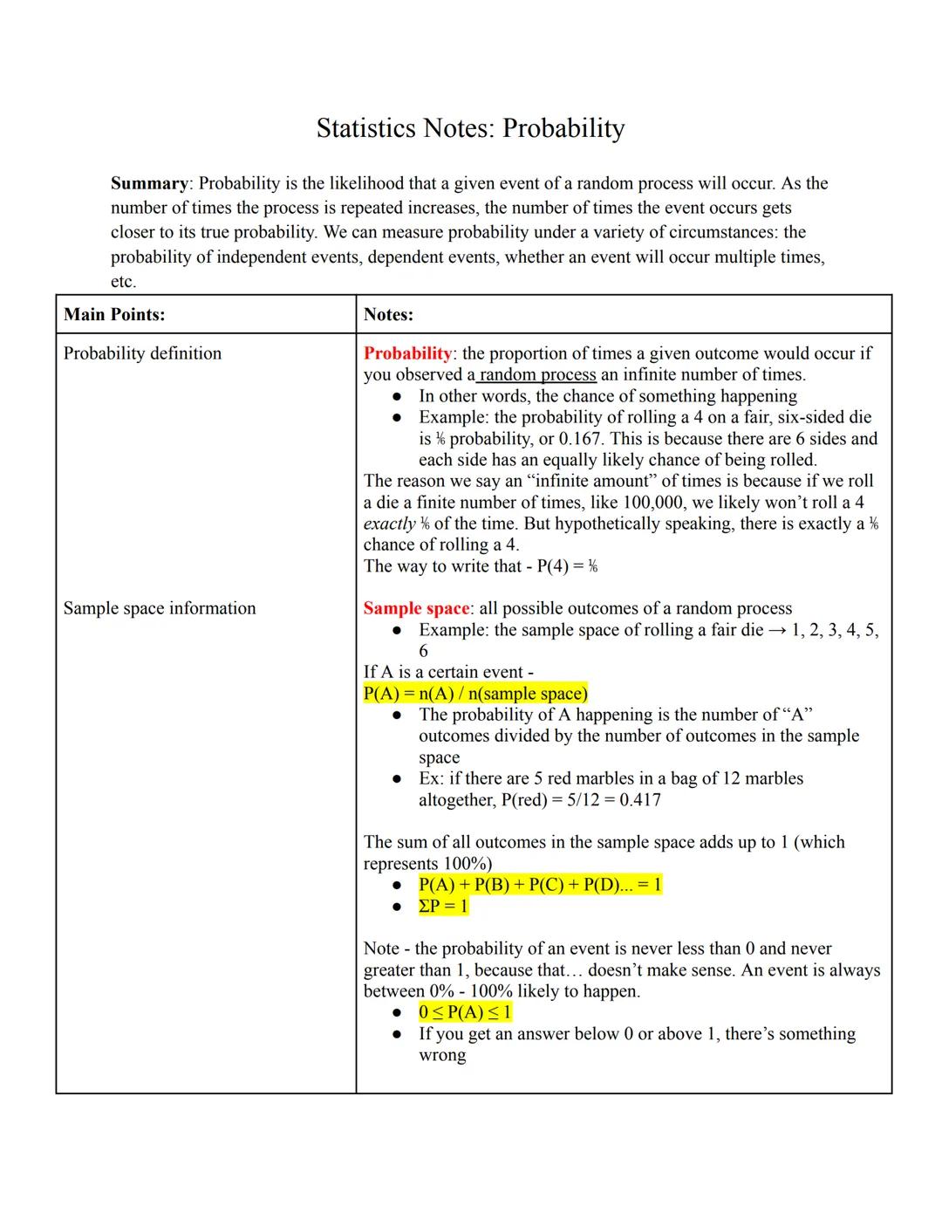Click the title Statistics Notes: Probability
click(470, 128)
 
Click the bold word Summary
click(149, 183)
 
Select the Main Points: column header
click(114, 314)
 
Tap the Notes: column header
click(388, 314)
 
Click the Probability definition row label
click(142, 353)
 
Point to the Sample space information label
click(160, 608)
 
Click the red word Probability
click(407, 353)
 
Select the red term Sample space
click(416, 608)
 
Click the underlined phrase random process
click(537, 374)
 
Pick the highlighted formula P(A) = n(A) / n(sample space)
click(475, 694)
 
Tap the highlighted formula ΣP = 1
click(443, 907)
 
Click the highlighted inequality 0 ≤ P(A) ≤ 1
click(465, 1013)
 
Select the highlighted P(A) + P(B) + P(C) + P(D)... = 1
click(540, 885)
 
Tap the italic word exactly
click(389, 524)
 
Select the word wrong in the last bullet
click(442, 1056)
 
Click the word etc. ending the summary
click(123, 282)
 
